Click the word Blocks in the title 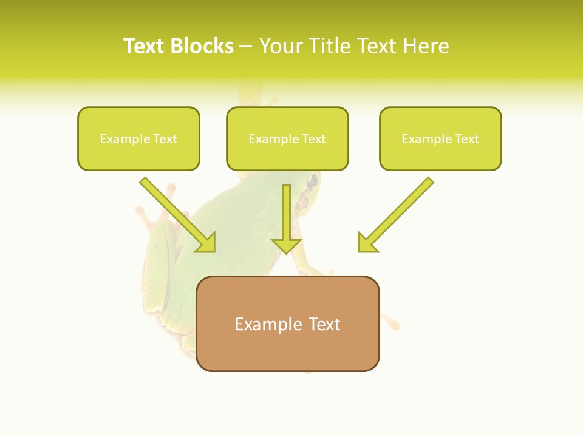(202, 46)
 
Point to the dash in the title (246, 47)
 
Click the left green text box (138, 138)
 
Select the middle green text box (287, 138)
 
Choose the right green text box (440, 138)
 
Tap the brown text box (287, 324)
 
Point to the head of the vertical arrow (286, 245)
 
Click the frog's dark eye (313, 180)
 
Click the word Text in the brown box (324, 324)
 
